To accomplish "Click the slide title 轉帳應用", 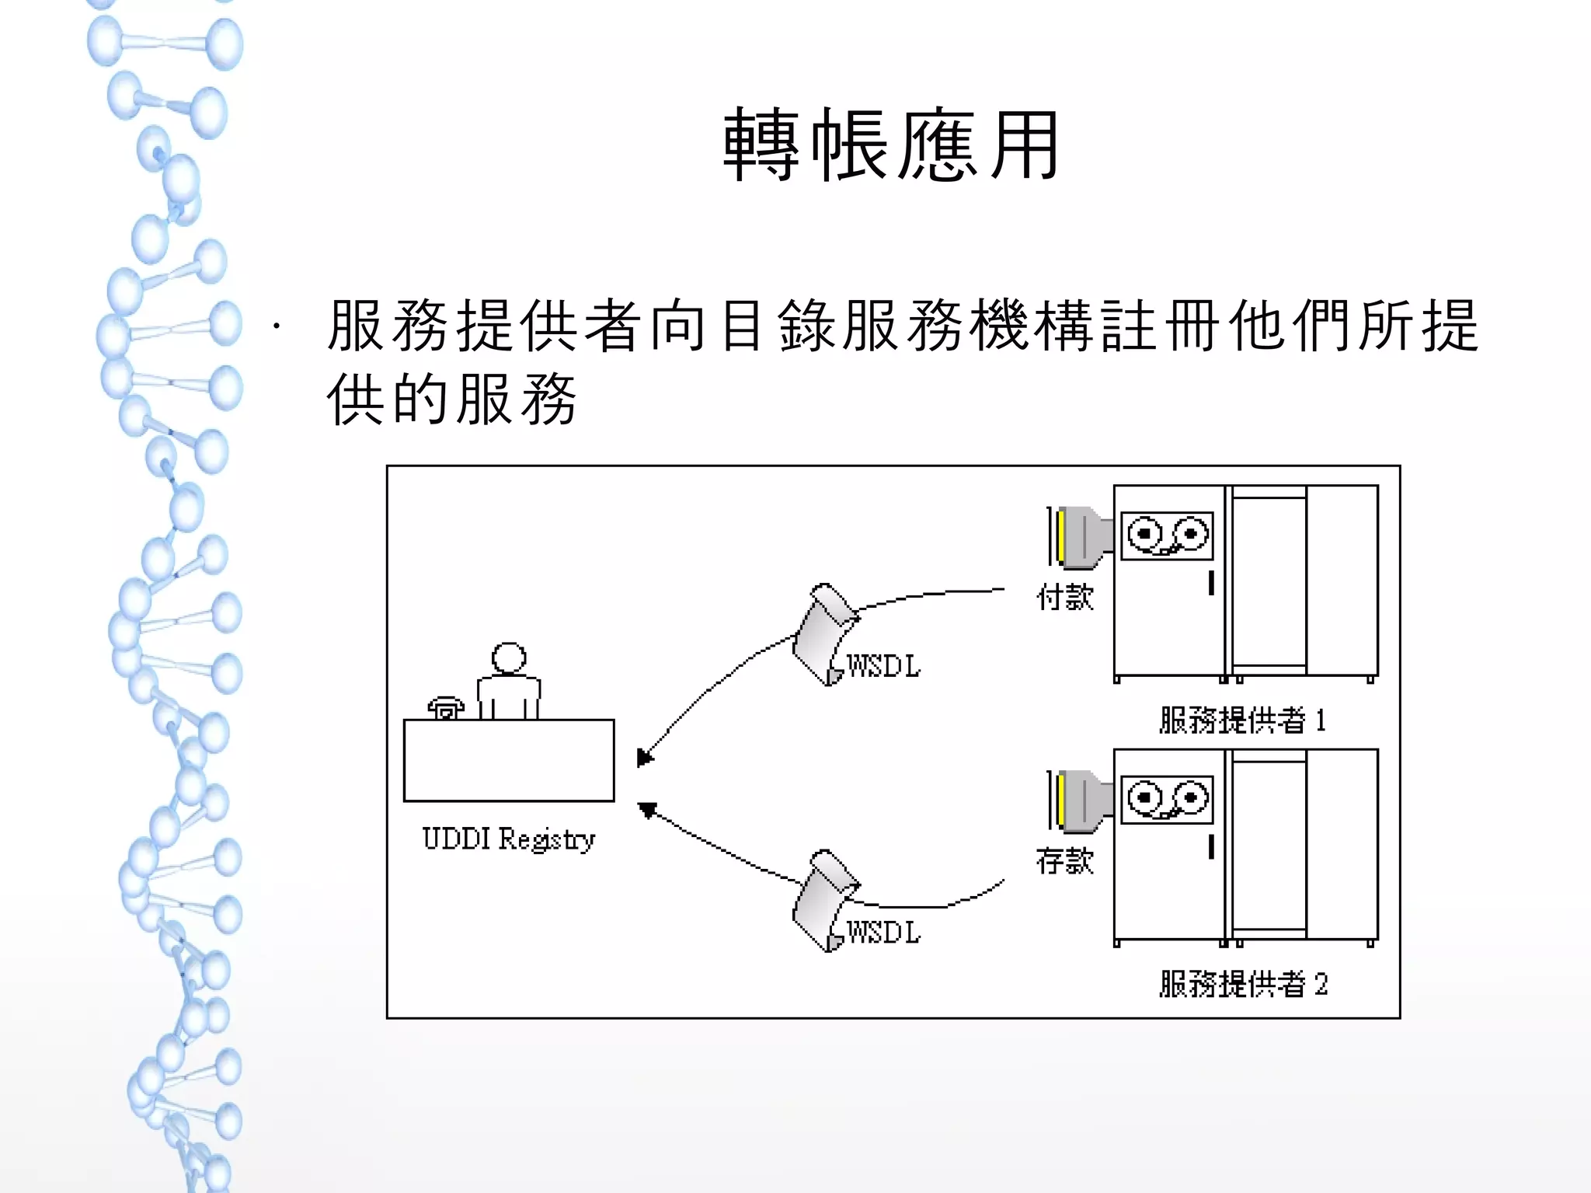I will [x=891, y=145].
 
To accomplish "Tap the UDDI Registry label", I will [x=509, y=839].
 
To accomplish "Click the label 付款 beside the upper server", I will [x=1065, y=597].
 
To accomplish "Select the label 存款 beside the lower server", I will [x=1065, y=861].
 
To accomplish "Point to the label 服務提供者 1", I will [x=1242, y=720].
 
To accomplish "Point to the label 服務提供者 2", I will [x=1243, y=985].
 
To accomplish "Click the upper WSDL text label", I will [x=883, y=666].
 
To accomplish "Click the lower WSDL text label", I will [x=883, y=932].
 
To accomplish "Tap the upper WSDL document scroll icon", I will [x=823, y=634].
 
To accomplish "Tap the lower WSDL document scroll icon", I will [x=823, y=900].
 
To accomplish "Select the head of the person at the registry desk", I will [x=509, y=658].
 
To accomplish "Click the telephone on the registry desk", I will [x=445, y=708].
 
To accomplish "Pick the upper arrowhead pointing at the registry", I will [x=644, y=757].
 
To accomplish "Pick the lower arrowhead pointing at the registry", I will [x=646, y=810].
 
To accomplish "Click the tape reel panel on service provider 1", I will [x=1167, y=535].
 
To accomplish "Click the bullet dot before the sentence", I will [x=276, y=326].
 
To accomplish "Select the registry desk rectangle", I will [x=509, y=760].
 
